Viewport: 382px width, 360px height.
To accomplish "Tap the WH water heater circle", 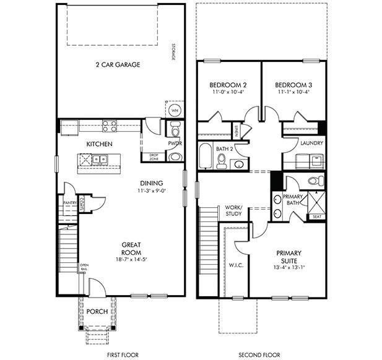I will [x=174, y=110].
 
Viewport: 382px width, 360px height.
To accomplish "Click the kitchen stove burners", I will [x=110, y=127].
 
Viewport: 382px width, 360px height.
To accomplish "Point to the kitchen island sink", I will [x=99, y=160].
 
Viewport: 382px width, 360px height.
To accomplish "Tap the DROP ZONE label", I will [x=154, y=157].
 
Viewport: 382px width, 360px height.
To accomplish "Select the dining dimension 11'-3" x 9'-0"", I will [x=151, y=191].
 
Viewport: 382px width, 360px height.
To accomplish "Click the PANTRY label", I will [x=69, y=202].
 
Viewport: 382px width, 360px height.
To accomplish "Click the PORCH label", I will [x=97, y=311].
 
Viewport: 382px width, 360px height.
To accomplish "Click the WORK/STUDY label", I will [x=234, y=211].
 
